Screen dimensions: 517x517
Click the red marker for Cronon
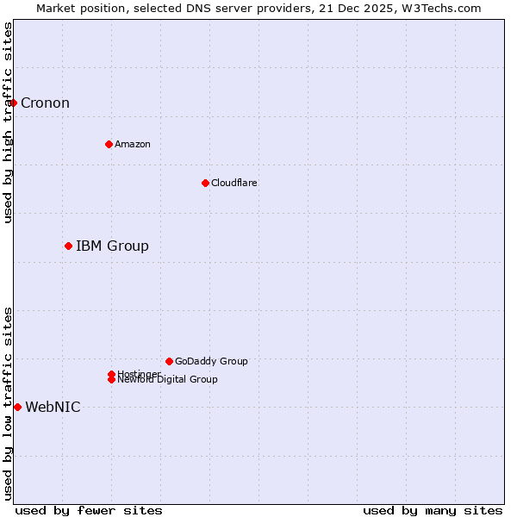point(13,103)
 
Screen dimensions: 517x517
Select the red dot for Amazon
point(109,144)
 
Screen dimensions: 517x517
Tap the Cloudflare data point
point(205,183)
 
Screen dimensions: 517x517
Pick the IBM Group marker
point(68,246)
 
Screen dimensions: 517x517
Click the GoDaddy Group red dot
point(169,361)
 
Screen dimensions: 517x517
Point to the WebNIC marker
point(17,407)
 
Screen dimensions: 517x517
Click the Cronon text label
point(45,103)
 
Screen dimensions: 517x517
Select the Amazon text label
point(132,144)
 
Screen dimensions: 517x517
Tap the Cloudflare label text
point(234,183)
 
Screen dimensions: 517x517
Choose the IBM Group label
point(112,246)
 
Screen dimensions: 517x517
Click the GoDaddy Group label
point(211,361)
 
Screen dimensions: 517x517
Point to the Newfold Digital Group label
point(168,380)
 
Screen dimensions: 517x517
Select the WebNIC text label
point(53,408)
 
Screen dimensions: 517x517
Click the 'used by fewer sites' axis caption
point(89,510)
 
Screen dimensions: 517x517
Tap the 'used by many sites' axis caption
point(433,510)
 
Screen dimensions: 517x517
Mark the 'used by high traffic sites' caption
point(8,122)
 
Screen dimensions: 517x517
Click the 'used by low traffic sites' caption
point(8,403)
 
